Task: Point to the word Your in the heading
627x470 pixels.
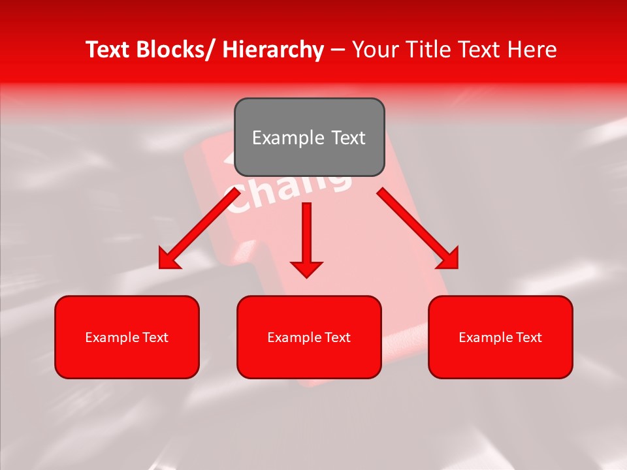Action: click(x=374, y=50)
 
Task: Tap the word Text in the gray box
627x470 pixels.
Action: click(x=347, y=138)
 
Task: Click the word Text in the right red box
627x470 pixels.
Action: click(x=528, y=337)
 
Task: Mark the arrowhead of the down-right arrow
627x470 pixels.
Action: click(x=447, y=258)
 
